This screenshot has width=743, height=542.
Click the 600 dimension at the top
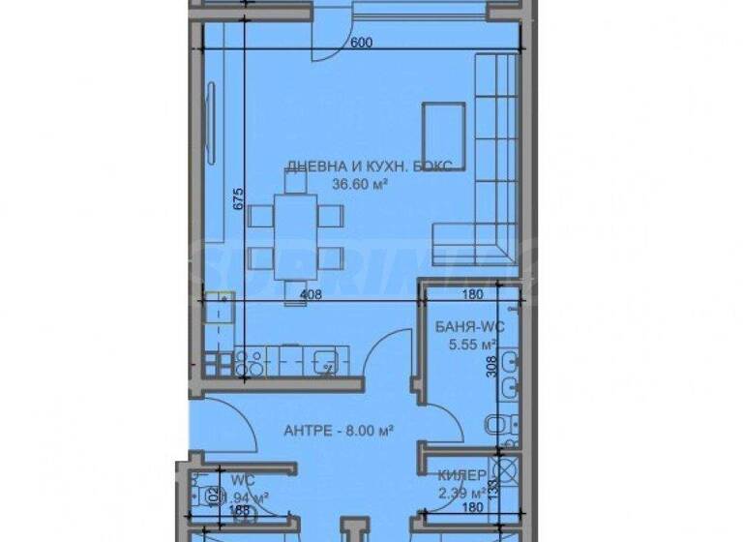361,43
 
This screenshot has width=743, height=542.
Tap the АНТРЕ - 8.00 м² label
329,431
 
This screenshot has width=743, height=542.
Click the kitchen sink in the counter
325,363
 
